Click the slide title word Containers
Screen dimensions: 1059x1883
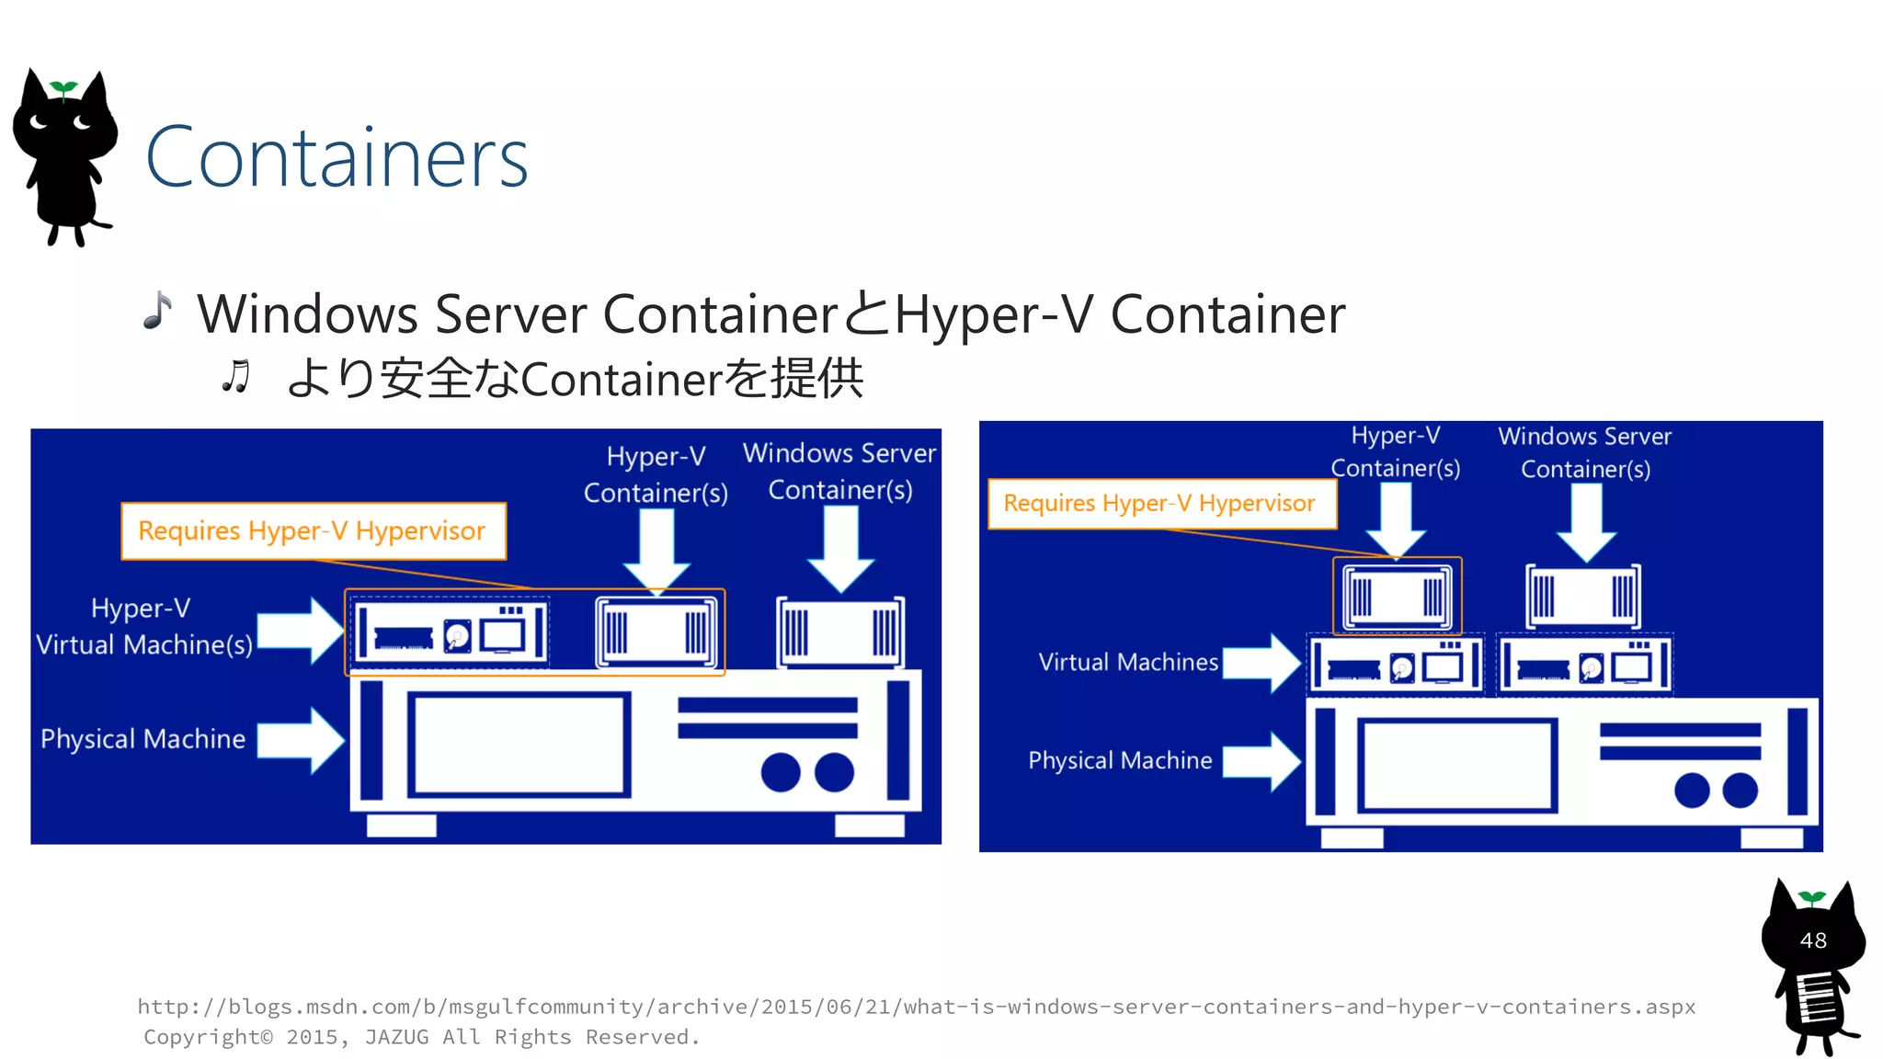337,158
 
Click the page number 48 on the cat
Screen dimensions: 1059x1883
1812,940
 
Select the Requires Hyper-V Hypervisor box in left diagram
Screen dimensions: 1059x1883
313,531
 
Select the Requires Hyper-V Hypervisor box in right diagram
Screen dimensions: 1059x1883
1160,504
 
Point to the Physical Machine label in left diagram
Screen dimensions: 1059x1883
143,739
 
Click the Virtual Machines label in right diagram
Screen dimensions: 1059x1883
1127,662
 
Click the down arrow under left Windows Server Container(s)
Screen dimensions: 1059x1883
840,549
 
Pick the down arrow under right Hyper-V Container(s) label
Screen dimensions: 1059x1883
1396,519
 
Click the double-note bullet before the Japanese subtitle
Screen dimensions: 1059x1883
235,377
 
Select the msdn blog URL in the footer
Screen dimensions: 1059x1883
916,1007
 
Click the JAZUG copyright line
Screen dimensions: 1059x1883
421,1037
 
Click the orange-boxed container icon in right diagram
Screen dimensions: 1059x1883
1397,596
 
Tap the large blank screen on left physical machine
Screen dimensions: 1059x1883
519,744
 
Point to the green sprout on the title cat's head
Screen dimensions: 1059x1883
63,88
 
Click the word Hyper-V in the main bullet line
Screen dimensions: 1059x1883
994,314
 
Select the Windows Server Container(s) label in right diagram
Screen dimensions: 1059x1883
1584,452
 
